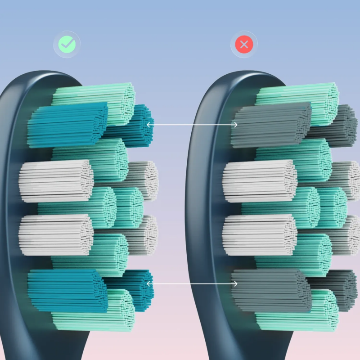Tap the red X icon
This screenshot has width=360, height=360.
pos(244,44)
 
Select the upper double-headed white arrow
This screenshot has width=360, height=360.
pos(192,124)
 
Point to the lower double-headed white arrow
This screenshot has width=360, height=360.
pos(192,283)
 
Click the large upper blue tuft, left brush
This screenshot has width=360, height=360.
pos(67,125)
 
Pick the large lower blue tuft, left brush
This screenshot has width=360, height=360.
pos(67,290)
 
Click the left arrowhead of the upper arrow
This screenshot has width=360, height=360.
pos(149,124)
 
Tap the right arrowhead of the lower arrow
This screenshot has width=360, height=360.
pos(235,283)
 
